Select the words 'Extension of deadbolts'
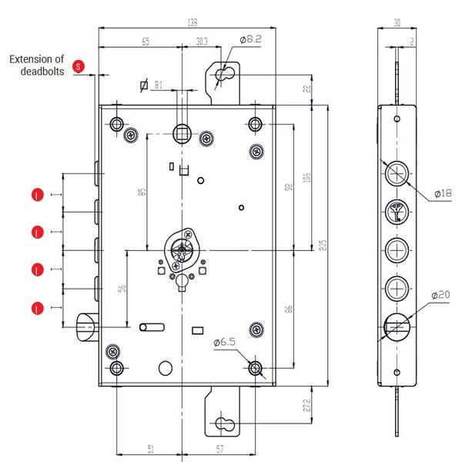click(38, 65)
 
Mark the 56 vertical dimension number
click(122, 290)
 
